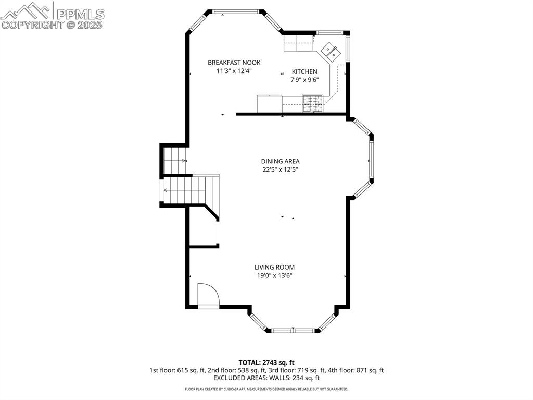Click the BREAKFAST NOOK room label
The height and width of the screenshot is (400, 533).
click(x=234, y=62)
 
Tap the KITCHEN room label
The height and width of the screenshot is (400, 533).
click(x=304, y=71)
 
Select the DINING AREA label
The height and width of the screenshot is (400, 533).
click(x=280, y=161)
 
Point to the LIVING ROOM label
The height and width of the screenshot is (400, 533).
click(x=274, y=267)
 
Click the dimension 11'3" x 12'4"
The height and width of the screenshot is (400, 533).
click(x=234, y=71)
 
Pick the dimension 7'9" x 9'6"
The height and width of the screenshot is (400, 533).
click(x=304, y=80)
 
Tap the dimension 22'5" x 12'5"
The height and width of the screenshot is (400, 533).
click(x=280, y=169)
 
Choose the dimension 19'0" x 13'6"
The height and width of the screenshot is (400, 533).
click(x=274, y=275)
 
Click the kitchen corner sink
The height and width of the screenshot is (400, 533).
click(x=330, y=51)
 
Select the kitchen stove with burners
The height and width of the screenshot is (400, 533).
click(x=313, y=103)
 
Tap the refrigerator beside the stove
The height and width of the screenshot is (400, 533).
click(x=270, y=104)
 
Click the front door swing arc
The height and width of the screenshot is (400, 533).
click(x=208, y=295)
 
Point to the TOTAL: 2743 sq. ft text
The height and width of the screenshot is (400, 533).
click(x=266, y=362)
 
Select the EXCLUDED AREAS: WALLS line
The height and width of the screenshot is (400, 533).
click(x=266, y=378)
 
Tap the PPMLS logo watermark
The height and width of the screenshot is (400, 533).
click(x=52, y=15)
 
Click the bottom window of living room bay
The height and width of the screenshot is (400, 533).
click(x=293, y=330)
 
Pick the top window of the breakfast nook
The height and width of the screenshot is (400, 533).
click(x=236, y=11)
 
